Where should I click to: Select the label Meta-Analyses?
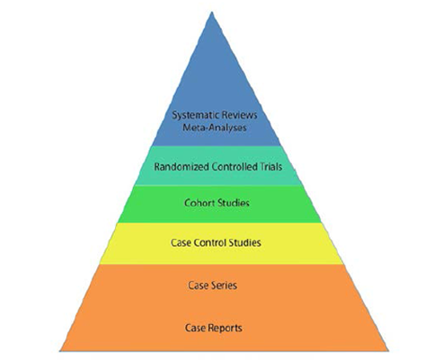tap(215, 127)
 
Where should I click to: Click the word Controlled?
tap(234, 167)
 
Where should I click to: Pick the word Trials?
tap(271, 167)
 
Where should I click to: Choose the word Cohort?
tap(199, 203)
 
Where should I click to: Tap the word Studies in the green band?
tap(234, 203)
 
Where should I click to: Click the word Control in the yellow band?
tap(210, 242)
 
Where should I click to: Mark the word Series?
tap(225, 285)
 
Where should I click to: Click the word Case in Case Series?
tap(199, 285)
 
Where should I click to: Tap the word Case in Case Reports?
tap(195, 328)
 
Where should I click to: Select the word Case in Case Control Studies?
tap(181, 242)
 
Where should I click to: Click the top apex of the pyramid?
tap(212, 12)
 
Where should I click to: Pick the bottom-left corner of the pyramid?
tap(60, 351)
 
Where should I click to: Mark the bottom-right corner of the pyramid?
tap(388, 350)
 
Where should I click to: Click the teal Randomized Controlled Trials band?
tap(217, 165)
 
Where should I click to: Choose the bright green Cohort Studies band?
tap(219, 204)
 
